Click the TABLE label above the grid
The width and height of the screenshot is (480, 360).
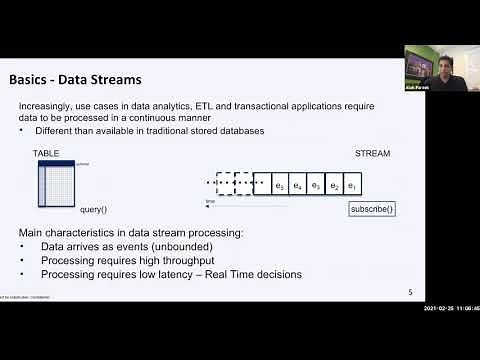[x=47, y=153]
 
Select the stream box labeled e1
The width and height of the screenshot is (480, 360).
[x=353, y=186]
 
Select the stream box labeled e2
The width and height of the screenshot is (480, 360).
[x=335, y=186]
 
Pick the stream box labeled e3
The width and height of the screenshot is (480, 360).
[x=316, y=186]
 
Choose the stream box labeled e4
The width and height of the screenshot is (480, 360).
[x=298, y=186]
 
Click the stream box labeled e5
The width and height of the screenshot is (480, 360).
[x=280, y=186]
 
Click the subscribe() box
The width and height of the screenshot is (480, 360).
[x=372, y=209]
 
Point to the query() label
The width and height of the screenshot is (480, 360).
[x=93, y=210]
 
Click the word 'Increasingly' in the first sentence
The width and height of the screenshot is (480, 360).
[x=46, y=106]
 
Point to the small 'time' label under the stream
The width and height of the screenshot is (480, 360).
[x=210, y=201]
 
